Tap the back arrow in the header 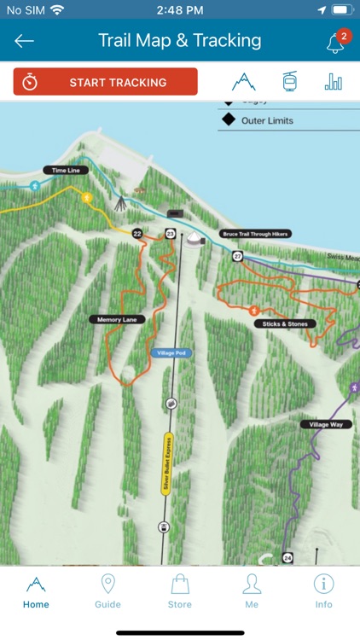pyautogui.click(x=24, y=41)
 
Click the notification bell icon pyautogui.click(x=335, y=43)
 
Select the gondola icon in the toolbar pyautogui.click(x=289, y=82)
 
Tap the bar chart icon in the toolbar pyautogui.click(x=333, y=82)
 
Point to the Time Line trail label pyautogui.click(x=66, y=171)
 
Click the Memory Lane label pyautogui.click(x=117, y=319)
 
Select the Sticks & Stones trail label pyautogui.click(x=284, y=324)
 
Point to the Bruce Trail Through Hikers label pyautogui.click(x=255, y=233)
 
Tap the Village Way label pyautogui.click(x=325, y=424)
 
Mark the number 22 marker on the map pyautogui.click(x=136, y=233)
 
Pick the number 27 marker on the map pyautogui.click(x=237, y=256)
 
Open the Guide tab pyautogui.click(x=107, y=591)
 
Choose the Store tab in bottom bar pyautogui.click(x=179, y=591)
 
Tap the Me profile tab pyautogui.click(x=252, y=591)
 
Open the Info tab pyautogui.click(x=323, y=591)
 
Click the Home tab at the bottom pyautogui.click(x=36, y=591)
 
